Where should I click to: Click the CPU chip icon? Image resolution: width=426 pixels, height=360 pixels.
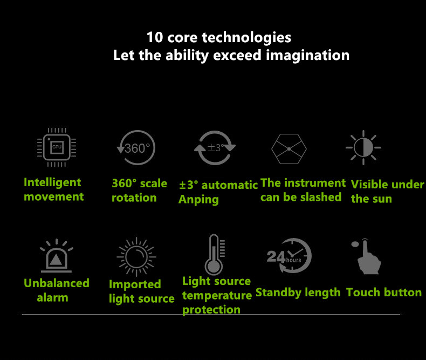(x=57, y=147)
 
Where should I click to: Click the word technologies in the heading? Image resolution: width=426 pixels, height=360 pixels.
(x=246, y=38)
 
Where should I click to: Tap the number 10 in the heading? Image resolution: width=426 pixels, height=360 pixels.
(x=155, y=37)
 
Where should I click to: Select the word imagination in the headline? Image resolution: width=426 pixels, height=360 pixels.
(x=307, y=56)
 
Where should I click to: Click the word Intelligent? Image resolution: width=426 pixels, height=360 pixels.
(x=52, y=182)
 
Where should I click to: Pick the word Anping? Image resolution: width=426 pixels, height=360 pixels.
(x=198, y=200)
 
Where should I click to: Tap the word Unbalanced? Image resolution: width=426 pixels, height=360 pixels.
(x=57, y=283)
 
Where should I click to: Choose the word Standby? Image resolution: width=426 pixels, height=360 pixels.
(x=279, y=293)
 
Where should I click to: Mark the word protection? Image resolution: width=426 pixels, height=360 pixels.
(x=211, y=310)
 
